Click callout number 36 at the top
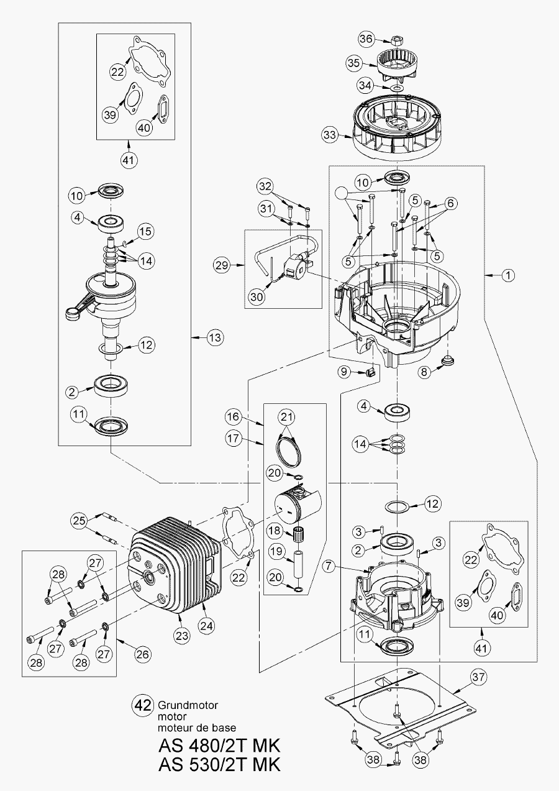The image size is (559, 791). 367,39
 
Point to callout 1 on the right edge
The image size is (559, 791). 507,274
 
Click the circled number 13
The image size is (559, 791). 214,337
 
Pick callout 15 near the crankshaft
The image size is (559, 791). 144,231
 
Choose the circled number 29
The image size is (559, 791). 220,266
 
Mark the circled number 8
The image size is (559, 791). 424,372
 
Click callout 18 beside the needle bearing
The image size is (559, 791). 275,531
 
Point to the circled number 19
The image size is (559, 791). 275,551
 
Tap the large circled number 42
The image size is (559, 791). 143,705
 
